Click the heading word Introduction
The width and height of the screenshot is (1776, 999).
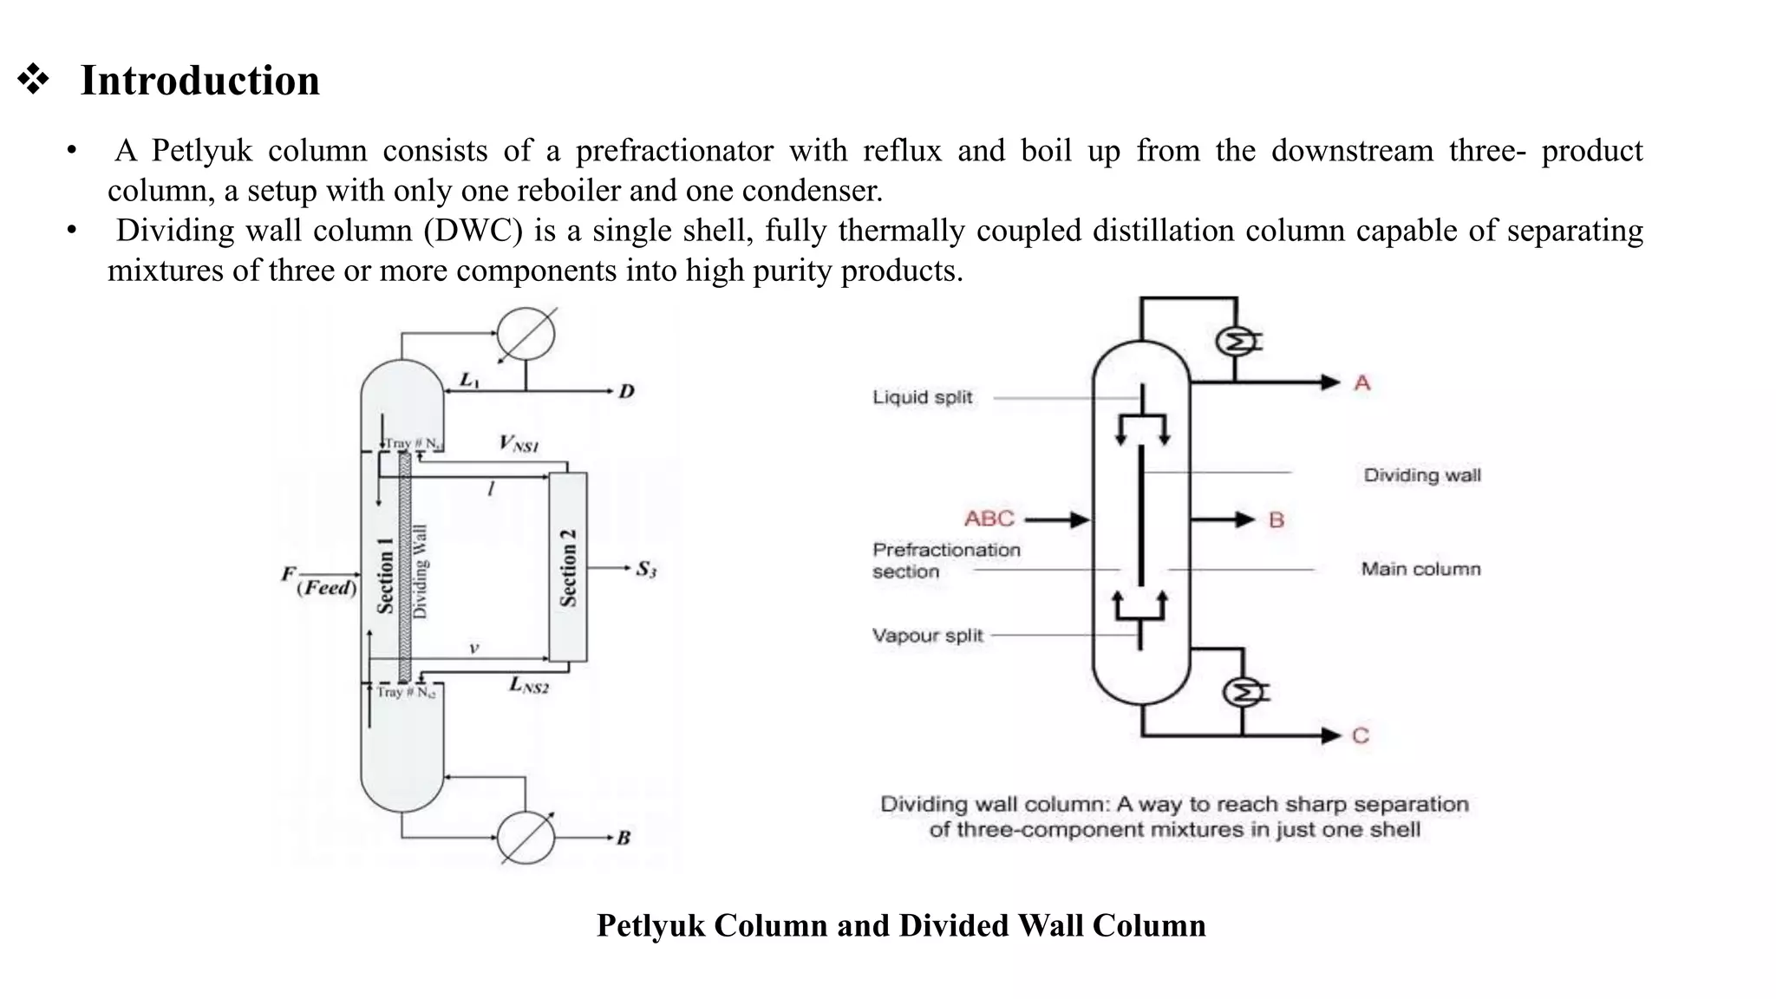199,81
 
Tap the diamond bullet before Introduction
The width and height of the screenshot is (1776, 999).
33,79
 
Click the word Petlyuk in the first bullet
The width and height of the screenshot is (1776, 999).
201,151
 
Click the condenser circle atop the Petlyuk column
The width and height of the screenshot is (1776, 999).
526,335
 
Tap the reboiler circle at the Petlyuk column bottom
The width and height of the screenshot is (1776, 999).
526,838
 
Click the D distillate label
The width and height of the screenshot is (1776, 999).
626,392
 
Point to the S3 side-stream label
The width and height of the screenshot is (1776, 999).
646,570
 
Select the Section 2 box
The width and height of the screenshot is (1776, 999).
568,567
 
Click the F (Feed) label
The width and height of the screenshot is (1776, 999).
319,582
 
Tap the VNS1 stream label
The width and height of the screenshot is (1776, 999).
519,444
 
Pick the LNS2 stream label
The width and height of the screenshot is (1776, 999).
528,685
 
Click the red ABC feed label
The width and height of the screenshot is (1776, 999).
989,519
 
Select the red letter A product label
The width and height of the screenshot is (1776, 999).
1361,382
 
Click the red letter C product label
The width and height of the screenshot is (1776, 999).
1360,735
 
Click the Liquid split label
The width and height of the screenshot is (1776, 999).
922,397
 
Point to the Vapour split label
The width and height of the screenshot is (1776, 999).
927,636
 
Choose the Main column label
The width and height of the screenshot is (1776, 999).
1420,569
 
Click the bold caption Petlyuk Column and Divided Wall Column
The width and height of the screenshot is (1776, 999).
901,925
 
